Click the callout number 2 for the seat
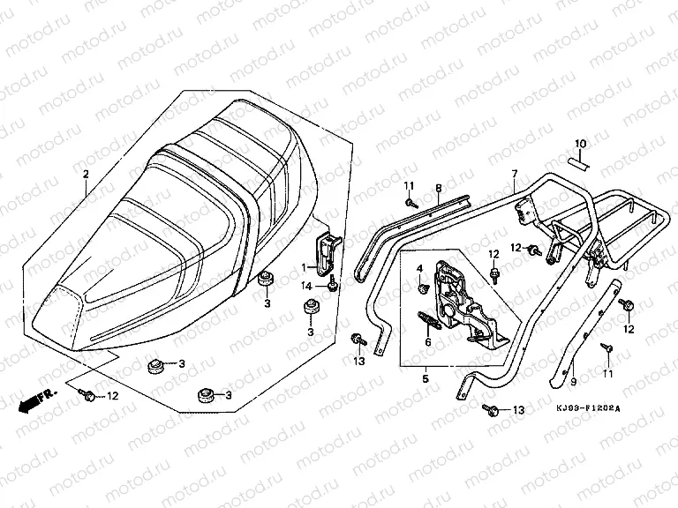point(86,175)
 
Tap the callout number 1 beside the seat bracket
point(303,265)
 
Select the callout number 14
point(305,287)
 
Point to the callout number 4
point(419,267)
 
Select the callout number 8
point(437,188)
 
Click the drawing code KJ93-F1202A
point(589,408)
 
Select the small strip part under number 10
point(576,161)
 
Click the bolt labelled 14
point(332,285)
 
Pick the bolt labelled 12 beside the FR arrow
point(90,398)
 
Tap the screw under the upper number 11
point(412,204)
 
